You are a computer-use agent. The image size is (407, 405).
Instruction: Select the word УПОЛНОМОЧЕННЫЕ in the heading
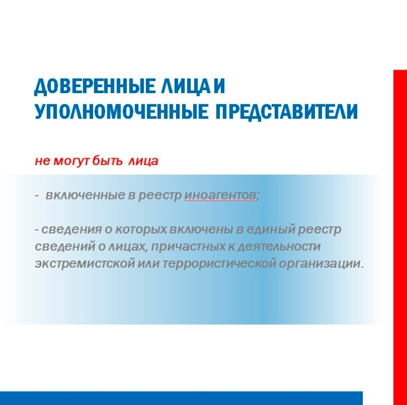(121, 111)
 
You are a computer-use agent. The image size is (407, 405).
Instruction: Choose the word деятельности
(279, 246)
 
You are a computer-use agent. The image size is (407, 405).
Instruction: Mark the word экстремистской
(85, 264)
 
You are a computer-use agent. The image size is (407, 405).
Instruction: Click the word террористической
(219, 264)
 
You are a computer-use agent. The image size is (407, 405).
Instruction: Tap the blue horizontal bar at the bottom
(181, 398)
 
